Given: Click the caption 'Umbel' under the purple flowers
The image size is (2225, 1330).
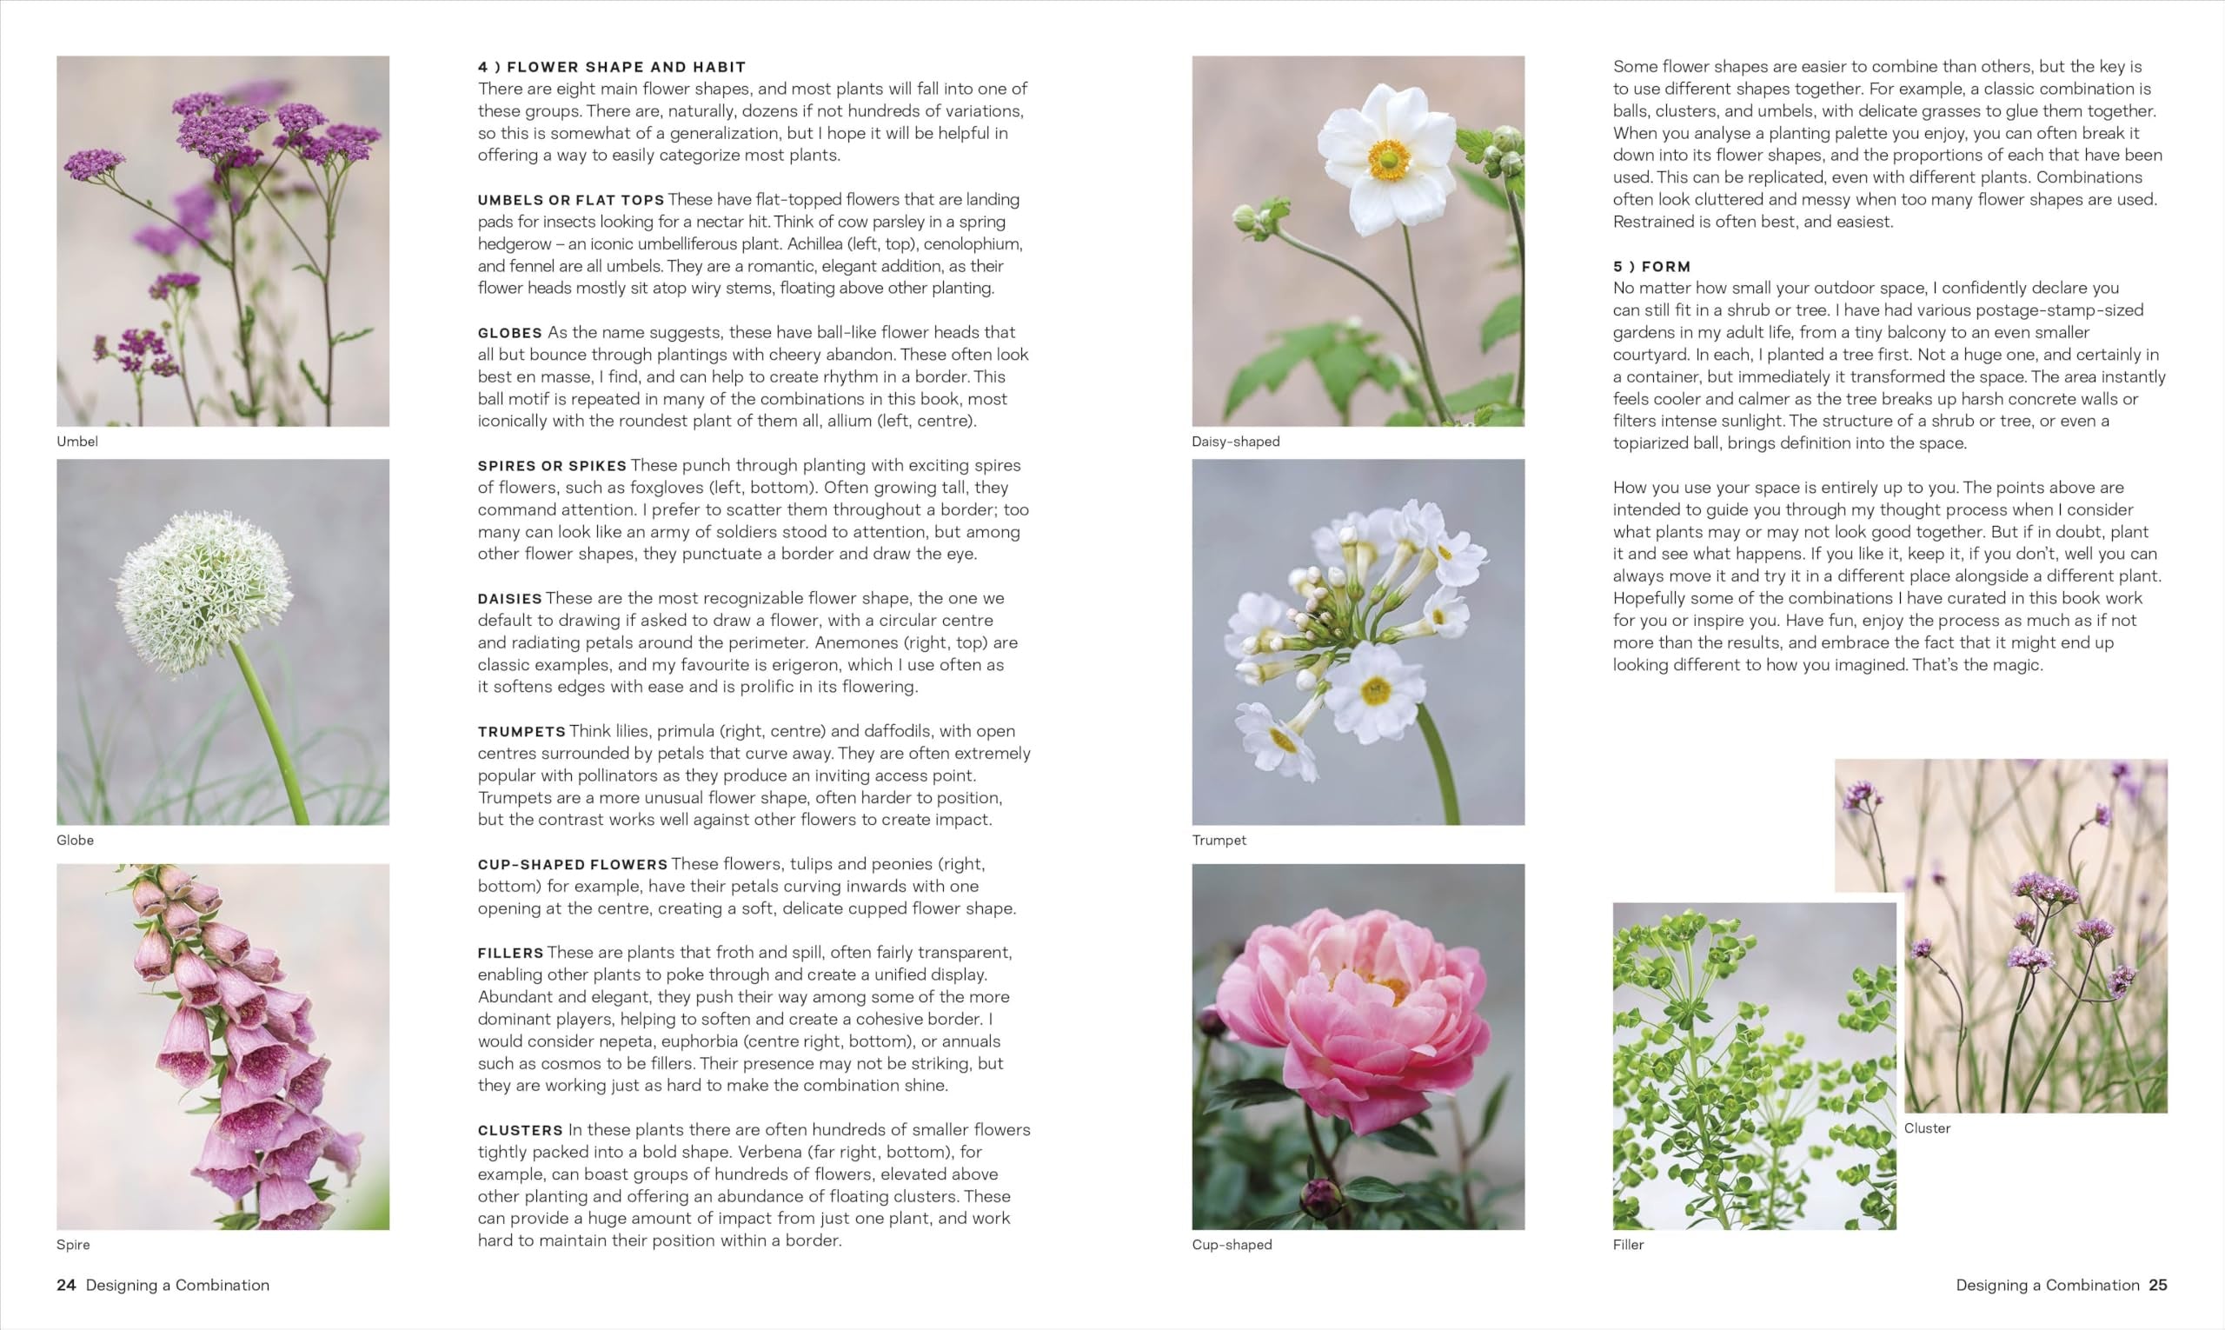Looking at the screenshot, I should click(77, 441).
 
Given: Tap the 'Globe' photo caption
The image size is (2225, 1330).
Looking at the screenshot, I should click(76, 840).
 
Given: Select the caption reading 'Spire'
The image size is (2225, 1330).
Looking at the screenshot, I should click(74, 1244).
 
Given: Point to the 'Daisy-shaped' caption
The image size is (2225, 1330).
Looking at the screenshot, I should click(1236, 441).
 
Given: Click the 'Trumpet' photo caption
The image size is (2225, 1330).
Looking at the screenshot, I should click(1219, 840).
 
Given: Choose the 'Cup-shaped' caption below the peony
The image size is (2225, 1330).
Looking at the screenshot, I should click(1232, 1244).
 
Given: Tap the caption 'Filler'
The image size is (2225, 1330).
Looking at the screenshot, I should click(1628, 1244).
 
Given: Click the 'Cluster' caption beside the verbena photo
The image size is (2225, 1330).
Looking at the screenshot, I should click(1927, 1128).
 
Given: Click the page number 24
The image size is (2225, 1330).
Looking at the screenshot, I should click(65, 1284).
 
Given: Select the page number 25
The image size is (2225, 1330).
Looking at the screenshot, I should click(2158, 1284).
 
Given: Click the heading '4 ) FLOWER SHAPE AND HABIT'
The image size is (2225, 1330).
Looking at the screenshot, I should click(611, 67).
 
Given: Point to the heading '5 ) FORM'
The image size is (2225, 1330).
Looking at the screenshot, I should click(1651, 266).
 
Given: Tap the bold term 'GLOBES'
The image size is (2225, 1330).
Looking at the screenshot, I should click(510, 332).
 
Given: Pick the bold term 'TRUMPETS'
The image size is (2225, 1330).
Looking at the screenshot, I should click(521, 731).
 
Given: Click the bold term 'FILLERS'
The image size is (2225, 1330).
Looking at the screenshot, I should click(511, 953).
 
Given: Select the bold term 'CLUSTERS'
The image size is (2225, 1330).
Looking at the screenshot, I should click(521, 1130).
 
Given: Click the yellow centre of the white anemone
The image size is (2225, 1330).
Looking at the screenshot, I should click(1388, 158).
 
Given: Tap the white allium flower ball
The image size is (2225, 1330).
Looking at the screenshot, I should click(205, 591).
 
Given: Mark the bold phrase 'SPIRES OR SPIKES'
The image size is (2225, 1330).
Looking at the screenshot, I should click(552, 466).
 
